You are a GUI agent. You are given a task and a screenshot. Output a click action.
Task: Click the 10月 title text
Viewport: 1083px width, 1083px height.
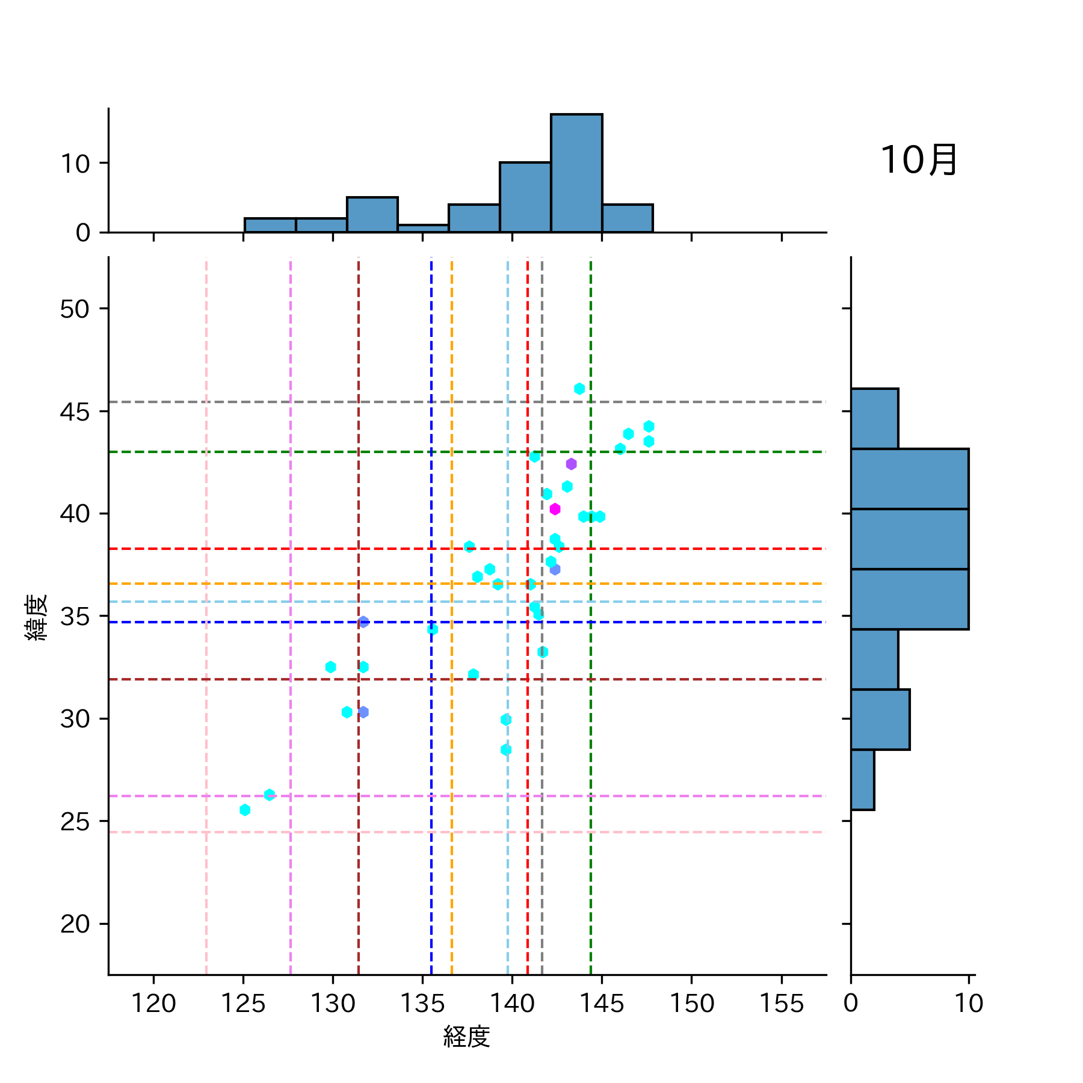pos(918,161)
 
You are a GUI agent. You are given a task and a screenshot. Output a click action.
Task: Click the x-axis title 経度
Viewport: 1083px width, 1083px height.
pos(466,1037)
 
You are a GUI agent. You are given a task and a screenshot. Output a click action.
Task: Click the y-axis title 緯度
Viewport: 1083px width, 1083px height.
pos(36,617)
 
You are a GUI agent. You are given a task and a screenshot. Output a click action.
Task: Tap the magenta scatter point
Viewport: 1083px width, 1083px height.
pos(555,509)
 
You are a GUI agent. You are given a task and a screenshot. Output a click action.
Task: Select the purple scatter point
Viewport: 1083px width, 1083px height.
pos(571,464)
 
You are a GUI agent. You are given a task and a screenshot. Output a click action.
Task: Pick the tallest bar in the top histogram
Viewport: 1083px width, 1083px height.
pos(576,173)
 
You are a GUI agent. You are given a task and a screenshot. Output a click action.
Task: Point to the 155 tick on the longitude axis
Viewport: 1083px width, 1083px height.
pos(781,1004)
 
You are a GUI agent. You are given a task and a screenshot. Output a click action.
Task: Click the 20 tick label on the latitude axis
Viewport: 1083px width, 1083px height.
pos(75,924)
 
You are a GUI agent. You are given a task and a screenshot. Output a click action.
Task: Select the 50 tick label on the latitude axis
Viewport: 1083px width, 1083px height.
pos(75,309)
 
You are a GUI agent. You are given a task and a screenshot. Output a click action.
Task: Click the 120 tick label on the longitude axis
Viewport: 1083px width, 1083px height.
pos(153,1004)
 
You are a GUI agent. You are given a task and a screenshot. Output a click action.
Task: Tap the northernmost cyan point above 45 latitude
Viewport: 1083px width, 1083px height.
pos(579,389)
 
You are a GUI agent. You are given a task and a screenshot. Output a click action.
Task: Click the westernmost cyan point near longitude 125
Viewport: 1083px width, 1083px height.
pos(245,810)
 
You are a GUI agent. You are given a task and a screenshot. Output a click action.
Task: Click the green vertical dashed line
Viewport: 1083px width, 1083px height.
pos(591,782)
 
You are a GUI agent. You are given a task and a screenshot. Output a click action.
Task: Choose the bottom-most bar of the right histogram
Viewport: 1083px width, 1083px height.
pos(862,780)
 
